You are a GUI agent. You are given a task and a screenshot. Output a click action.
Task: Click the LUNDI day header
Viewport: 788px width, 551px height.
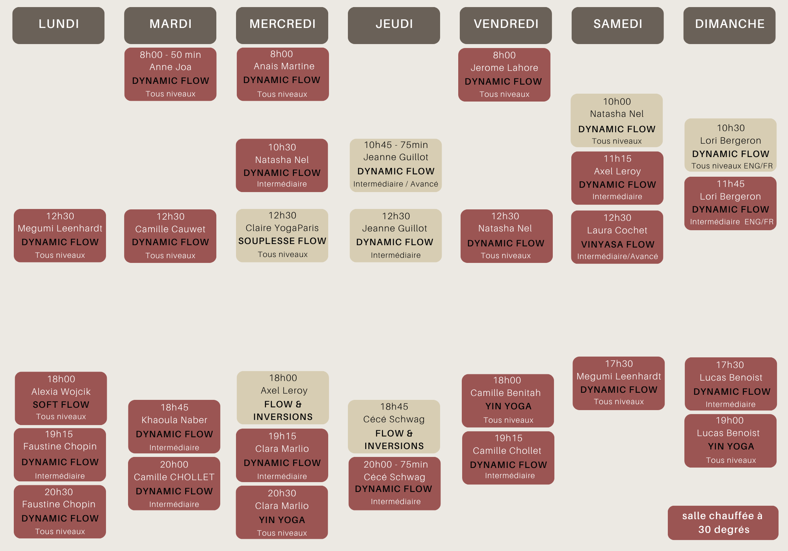[x=58, y=25]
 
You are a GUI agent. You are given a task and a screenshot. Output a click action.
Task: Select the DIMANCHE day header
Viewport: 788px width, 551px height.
[x=729, y=25]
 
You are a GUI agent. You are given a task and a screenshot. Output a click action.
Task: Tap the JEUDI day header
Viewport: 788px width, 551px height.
[x=394, y=25]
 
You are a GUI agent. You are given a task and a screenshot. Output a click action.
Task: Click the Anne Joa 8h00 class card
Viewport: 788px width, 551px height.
[x=170, y=74]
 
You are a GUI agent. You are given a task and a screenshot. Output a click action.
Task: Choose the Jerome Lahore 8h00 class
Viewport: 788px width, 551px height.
[x=504, y=75]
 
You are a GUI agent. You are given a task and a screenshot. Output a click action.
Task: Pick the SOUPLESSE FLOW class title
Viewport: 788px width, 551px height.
[x=282, y=241]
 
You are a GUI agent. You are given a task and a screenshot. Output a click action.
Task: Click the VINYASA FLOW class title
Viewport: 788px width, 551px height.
[x=617, y=244]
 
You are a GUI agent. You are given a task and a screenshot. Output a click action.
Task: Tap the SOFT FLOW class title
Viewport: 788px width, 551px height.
[x=61, y=405]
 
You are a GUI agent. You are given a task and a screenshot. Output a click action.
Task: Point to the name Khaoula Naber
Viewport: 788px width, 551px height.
[x=174, y=420]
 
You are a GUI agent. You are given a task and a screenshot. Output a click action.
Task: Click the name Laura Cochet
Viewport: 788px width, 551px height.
[x=617, y=230]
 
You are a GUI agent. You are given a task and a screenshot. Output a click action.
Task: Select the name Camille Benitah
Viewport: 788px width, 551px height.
[x=506, y=393]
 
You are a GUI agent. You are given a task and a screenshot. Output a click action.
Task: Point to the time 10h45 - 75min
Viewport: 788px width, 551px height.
[x=396, y=145]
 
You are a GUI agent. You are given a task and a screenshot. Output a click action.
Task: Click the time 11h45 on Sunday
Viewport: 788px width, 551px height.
[x=730, y=184]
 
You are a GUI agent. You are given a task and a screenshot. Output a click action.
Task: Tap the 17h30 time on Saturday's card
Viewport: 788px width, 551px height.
[x=619, y=364]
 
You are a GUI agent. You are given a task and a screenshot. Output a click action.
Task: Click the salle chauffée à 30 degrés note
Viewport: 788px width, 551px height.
[x=723, y=523]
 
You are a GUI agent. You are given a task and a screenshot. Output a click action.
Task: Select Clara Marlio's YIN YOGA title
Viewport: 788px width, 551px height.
[x=282, y=520]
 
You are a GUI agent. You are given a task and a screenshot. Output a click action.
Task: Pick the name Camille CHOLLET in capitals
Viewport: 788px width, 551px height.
[x=174, y=477]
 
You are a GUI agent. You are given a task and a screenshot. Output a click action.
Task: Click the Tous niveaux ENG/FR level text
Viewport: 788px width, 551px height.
[x=732, y=166]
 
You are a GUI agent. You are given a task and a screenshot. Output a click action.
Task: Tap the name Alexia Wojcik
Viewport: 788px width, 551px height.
[x=61, y=392]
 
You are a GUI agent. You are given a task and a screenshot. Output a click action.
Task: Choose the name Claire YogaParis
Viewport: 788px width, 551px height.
[x=282, y=228]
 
